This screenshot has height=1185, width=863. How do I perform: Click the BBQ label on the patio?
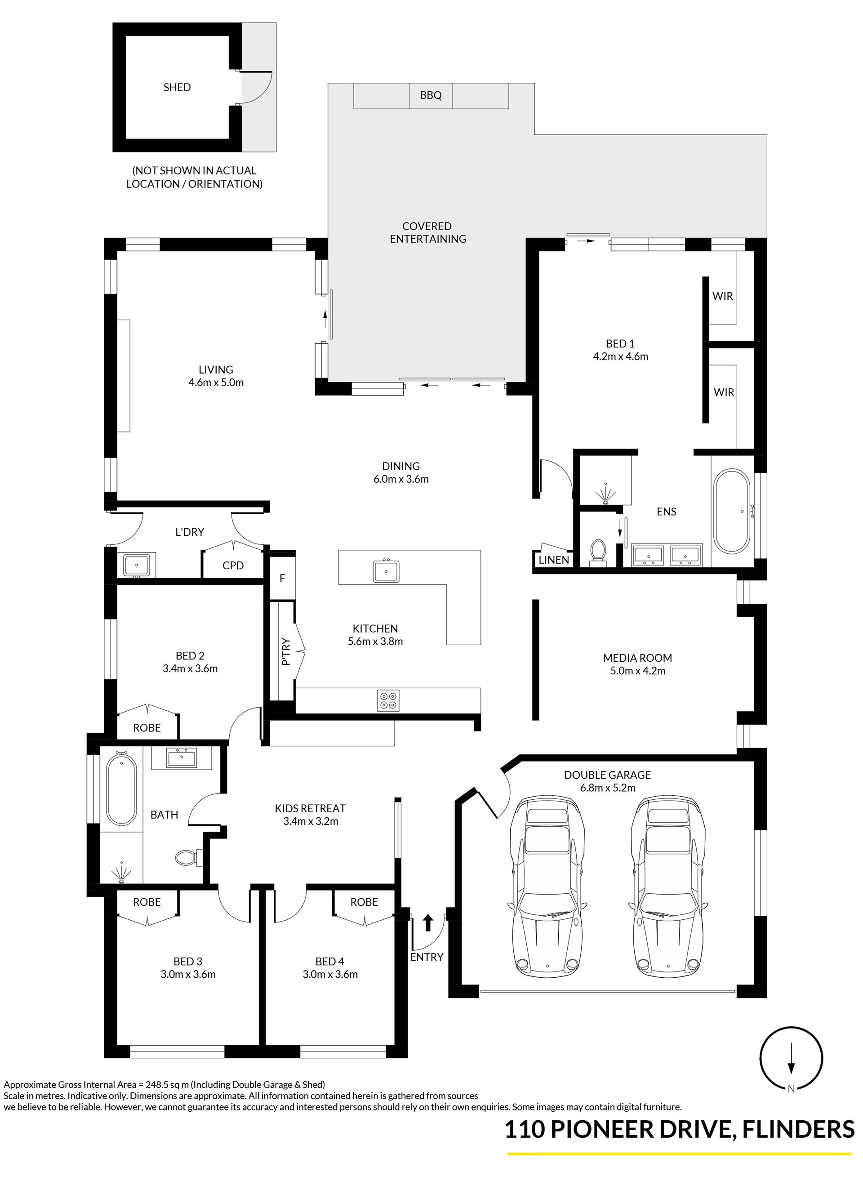[431, 95]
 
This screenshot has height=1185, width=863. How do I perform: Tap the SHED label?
[177, 87]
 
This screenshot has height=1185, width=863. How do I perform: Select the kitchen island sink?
[386, 571]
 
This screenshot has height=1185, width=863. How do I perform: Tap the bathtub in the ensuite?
[732, 511]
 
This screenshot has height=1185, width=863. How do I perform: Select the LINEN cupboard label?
[554, 560]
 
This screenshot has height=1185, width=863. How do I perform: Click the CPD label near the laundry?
[233, 566]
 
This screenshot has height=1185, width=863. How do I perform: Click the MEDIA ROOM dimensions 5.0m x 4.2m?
[637, 671]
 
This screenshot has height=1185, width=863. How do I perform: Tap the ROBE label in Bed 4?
[364, 902]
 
